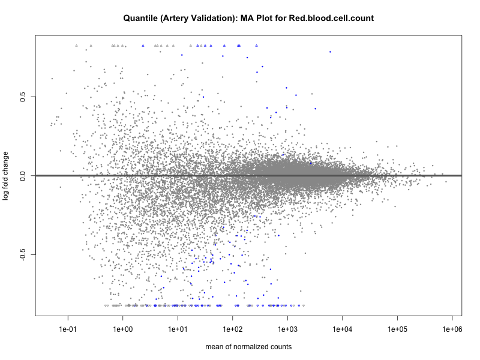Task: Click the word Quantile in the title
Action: [142, 19]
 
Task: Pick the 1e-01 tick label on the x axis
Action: [68, 329]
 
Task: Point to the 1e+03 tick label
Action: [287, 329]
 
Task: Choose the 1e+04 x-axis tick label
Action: [342, 329]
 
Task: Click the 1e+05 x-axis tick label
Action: [397, 329]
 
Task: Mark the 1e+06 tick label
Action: [452, 329]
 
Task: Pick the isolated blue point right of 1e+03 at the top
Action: [330, 52]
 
